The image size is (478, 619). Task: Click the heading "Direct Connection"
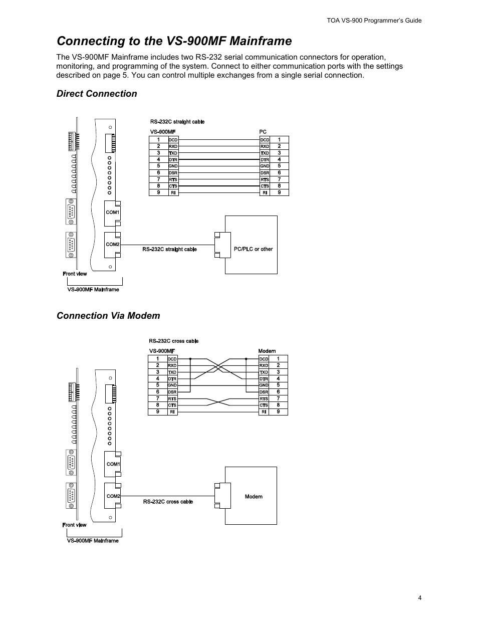[x=97, y=94]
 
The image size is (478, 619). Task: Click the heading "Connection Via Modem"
[x=108, y=315]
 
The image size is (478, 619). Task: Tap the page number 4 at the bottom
[x=419, y=597]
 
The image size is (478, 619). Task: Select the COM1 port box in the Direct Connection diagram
[x=112, y=213]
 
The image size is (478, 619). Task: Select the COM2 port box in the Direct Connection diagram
[x=112, y=245]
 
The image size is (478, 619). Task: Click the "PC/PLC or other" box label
[x=253, y=249]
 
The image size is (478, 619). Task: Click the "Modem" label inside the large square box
[x=254, y=497]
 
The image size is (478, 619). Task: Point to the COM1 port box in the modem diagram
[x=113, y=464]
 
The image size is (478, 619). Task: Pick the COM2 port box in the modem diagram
[x=113, y=496]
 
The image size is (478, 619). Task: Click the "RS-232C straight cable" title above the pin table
[x=177, y=122]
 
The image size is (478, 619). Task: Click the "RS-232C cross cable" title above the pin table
[x=173, y=341]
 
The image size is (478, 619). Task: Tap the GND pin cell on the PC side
[x=265, y=166]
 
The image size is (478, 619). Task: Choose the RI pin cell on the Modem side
[x=264, y=412]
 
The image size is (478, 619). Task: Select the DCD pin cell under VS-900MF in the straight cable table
[x=173, y=140]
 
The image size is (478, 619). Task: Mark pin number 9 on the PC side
[x=279, y=192]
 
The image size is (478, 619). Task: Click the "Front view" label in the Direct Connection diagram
[x=75, y=274]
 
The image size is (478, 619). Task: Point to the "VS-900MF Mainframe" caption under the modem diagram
[x=93, y=541]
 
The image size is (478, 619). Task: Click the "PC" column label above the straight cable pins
[x=263, y=132]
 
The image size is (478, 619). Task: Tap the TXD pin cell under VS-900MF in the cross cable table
[x=172, y=372]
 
